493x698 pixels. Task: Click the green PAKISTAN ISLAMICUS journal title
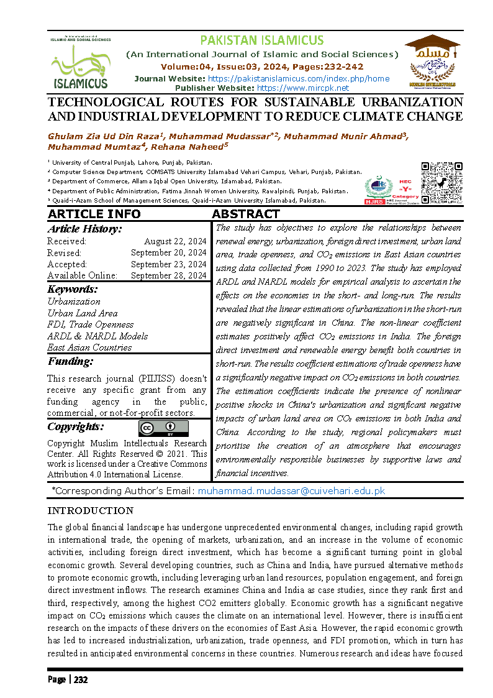[x=261, y=40]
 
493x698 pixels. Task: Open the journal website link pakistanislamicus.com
[x=298, y=78]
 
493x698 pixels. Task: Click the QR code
[x=442, y=183]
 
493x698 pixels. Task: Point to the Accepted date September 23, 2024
[x=169, y=264]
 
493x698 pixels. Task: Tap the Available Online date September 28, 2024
[x=169, y=275]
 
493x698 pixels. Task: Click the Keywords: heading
[x=73, y=289]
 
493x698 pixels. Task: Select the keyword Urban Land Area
[x=82, y=313]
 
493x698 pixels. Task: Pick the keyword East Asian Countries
[x=89, y=347]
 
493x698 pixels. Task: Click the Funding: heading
[x=70, y=361]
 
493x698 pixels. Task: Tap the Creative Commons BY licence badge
[x=163, y=429]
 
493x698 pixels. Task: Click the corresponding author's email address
[x=291, y=490]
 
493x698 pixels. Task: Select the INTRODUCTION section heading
[x=91, y=511]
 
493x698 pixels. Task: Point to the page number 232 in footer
[x=81, y=679]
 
